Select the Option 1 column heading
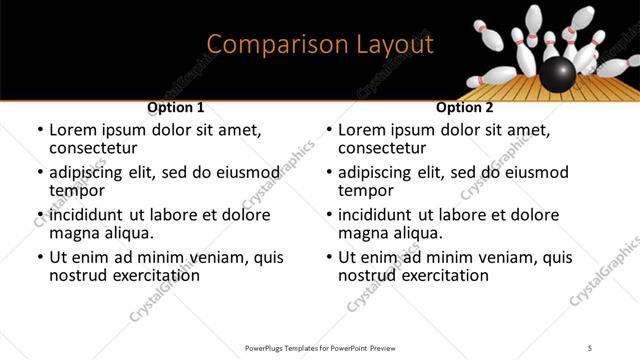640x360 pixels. coord(175,107)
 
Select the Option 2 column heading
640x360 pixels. coord(464,107)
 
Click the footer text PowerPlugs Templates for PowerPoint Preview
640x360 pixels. coord(319,347)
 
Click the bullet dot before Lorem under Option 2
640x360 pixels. coord(329,131)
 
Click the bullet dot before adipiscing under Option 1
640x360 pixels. coord(40,173)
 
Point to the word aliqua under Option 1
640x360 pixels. coord(127,233)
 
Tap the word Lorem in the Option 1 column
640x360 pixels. coord(74,130)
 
